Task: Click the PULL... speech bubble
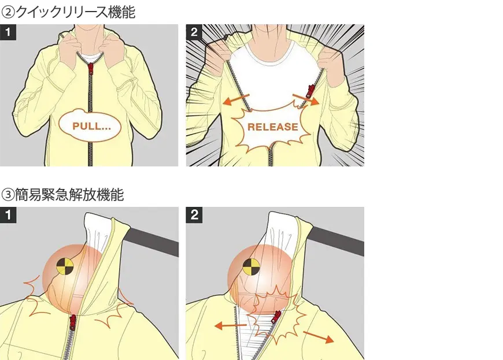point(90,125)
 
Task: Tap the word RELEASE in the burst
point(273,127)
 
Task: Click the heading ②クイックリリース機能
point(68,13)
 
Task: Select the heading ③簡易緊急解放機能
point(62,195)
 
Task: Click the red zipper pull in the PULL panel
point(91,68)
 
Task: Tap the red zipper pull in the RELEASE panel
point(310,91)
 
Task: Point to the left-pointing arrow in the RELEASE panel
point(236,100)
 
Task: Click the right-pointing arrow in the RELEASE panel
point(306,100)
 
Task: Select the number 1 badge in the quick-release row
point(8,32)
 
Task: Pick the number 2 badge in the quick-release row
point(194,32)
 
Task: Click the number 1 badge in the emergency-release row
point(8,215)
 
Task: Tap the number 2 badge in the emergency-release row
point(194,215)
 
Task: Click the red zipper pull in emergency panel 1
point(73,322)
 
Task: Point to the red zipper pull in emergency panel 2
point(276,317)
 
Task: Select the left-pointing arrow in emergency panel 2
point(230,326)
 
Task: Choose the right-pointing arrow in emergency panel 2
point(319,337)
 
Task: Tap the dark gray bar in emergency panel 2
point(338,241)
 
